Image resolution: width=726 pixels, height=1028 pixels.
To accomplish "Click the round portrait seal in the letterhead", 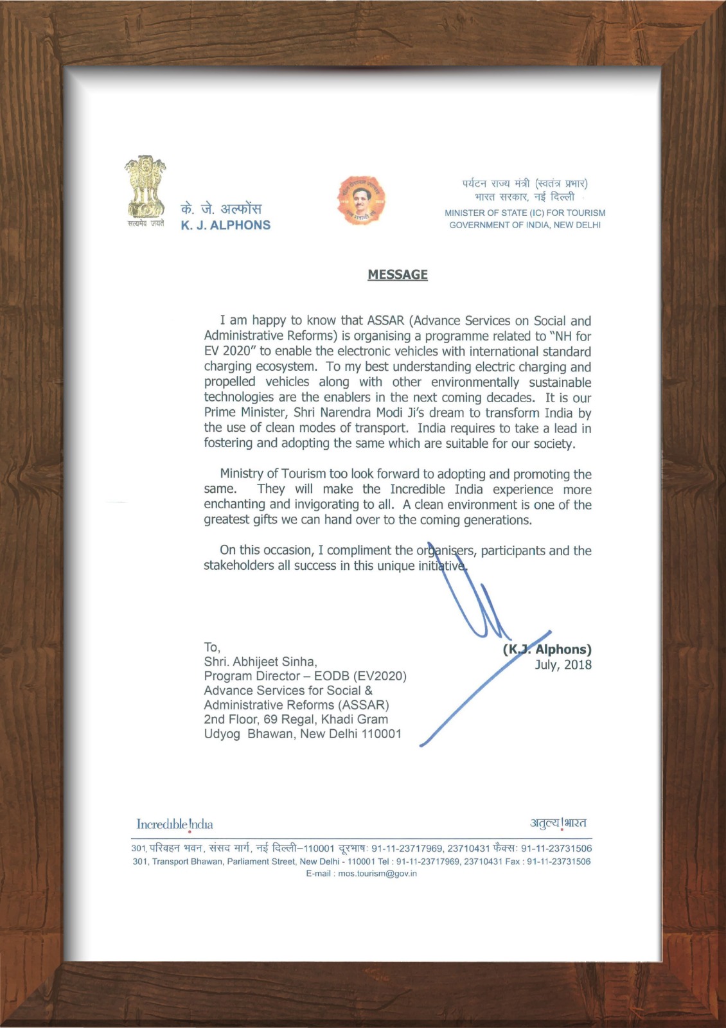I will (361, 200).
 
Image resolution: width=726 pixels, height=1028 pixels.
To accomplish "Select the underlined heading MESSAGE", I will (398, 274).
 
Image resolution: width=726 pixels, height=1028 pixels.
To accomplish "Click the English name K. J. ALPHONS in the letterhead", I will (226, 226).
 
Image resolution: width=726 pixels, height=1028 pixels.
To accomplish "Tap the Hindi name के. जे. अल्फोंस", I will (221, 209).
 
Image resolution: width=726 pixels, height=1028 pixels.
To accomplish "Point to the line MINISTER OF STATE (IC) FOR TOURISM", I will (525, 213).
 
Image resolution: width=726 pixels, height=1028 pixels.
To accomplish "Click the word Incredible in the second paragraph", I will (418, 490).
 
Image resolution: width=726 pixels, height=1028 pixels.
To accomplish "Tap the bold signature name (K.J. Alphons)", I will (547, 650).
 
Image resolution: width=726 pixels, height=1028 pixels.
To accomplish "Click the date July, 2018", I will (563, 665).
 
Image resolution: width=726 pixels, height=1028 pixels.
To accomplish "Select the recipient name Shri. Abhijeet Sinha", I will (260, 662).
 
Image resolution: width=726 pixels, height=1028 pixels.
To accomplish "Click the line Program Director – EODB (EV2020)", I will (305, 677).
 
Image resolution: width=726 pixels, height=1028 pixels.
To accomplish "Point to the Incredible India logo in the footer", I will (175, 824).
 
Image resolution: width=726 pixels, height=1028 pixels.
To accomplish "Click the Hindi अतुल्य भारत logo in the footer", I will (558, 823).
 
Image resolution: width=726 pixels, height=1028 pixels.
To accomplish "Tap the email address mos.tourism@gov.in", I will (378, 874).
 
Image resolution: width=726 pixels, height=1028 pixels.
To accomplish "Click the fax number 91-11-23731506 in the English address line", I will (558, 862).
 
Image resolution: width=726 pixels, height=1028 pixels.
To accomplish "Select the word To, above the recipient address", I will (212, 647).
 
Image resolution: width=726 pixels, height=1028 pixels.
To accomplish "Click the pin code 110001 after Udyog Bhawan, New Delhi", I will (381, 734).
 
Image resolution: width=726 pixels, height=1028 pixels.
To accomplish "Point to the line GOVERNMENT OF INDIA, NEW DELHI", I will (525, 225).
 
